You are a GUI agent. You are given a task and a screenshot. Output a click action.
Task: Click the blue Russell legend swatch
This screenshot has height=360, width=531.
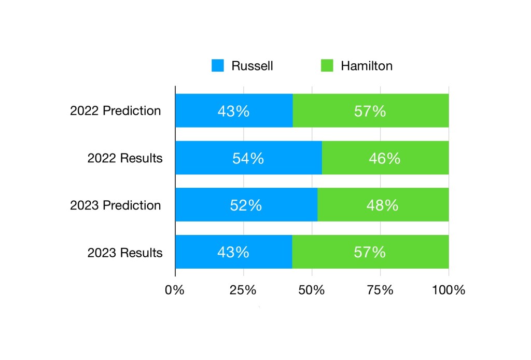(218, 66)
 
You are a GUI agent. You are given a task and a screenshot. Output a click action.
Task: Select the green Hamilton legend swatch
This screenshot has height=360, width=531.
(327, 66)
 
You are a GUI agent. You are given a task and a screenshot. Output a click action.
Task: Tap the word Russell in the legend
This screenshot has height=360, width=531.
(252, 66)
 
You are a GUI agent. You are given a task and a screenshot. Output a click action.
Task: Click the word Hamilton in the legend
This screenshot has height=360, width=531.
(367, 66)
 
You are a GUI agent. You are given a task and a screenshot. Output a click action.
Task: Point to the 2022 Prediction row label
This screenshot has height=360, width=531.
(116, 111)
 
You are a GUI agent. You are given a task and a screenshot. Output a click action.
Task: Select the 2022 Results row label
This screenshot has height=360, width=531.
(125, 158)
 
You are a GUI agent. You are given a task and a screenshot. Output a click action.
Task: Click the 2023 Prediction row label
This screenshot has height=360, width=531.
(116, 205)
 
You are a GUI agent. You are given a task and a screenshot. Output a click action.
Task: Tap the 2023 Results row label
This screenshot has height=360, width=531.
(125, 253)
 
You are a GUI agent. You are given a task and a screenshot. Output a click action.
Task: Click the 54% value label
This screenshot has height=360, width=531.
(248, 158)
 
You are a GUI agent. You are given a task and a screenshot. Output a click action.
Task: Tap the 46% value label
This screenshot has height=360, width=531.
(385, 158)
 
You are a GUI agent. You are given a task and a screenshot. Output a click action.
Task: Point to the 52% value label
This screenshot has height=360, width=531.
(246, 205)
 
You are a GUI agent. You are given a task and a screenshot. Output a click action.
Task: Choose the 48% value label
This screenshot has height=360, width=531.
(383, 205)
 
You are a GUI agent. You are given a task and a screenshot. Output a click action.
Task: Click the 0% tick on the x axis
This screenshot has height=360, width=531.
(175, 290)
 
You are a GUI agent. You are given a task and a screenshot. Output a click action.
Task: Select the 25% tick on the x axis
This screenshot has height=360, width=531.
(244, 290)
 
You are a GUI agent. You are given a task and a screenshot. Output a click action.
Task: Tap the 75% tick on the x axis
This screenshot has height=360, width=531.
(380, 290)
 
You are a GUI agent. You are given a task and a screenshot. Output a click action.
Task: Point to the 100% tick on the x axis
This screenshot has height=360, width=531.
(449, 290)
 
